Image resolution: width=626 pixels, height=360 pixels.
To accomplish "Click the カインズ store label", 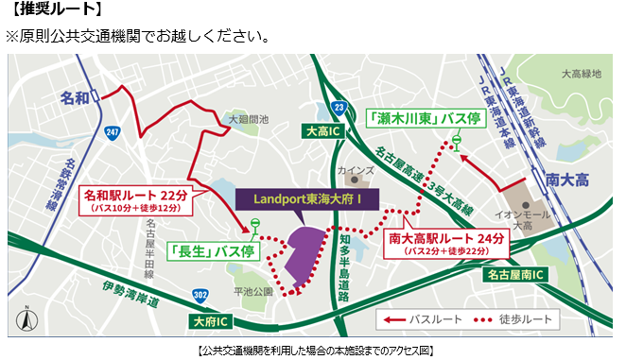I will click(354, 171).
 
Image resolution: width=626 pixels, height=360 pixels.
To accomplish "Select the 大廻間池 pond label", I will click(248, 120).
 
